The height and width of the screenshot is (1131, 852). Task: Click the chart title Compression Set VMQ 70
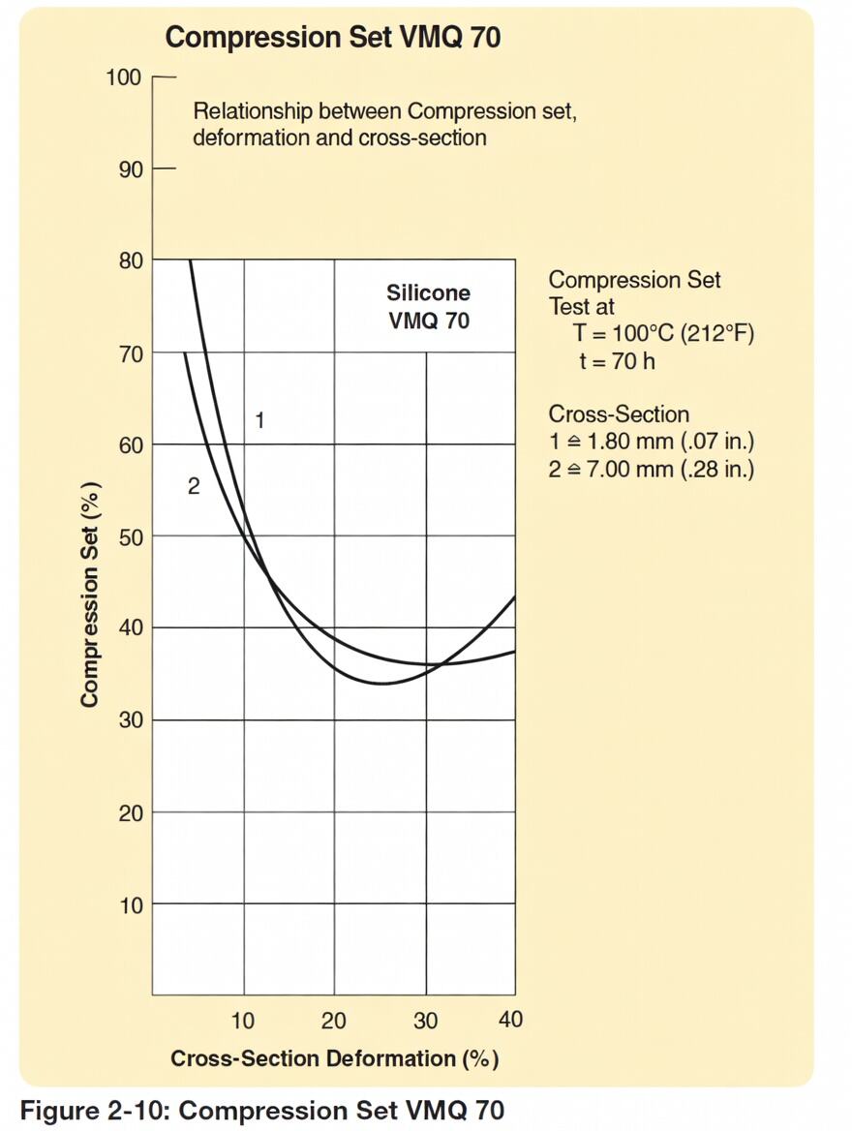point(332,38)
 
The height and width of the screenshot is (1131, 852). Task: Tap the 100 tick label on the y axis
point(123,77)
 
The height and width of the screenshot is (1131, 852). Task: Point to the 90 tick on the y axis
point(130,169)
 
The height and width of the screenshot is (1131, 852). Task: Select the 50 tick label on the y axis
point(130,536)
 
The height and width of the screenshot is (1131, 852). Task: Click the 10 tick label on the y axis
point(130,905)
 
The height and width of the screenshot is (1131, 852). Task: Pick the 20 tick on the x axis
point(334,1020)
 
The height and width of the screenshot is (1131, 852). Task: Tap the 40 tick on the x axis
point(510,1020)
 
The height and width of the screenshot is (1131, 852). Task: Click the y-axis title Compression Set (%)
point(90,594)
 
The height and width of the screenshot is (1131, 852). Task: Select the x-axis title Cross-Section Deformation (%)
point(334,1058)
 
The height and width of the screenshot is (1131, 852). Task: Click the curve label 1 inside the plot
point(259,420)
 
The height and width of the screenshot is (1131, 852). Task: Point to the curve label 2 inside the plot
point(194,487)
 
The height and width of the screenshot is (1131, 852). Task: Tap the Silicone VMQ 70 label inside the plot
point(428,306)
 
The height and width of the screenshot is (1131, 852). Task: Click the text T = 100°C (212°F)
point(663,334)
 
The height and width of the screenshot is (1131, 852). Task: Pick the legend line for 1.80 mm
point(651,442)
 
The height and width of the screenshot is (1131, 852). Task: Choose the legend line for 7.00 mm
point(651,469)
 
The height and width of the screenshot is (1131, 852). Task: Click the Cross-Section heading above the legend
point(619,414)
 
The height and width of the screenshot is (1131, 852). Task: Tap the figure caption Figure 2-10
point(261,1110)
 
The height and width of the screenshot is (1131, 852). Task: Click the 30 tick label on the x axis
point(425,1020)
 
